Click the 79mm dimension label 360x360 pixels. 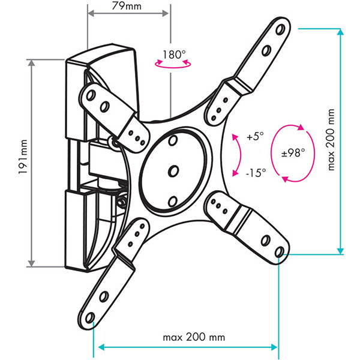click(127, 6)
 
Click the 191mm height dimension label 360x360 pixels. click(23, 157)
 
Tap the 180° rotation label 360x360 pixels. click(174, 55)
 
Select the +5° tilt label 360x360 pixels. click(255, 136)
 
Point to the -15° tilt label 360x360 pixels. click(256, 173)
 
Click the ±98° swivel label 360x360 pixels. click(293, 152)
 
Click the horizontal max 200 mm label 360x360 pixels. click(194, 337)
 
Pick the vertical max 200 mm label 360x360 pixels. click(331, 140)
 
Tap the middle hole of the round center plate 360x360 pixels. click(173, 171)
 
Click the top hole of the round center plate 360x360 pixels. click(173, 140)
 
